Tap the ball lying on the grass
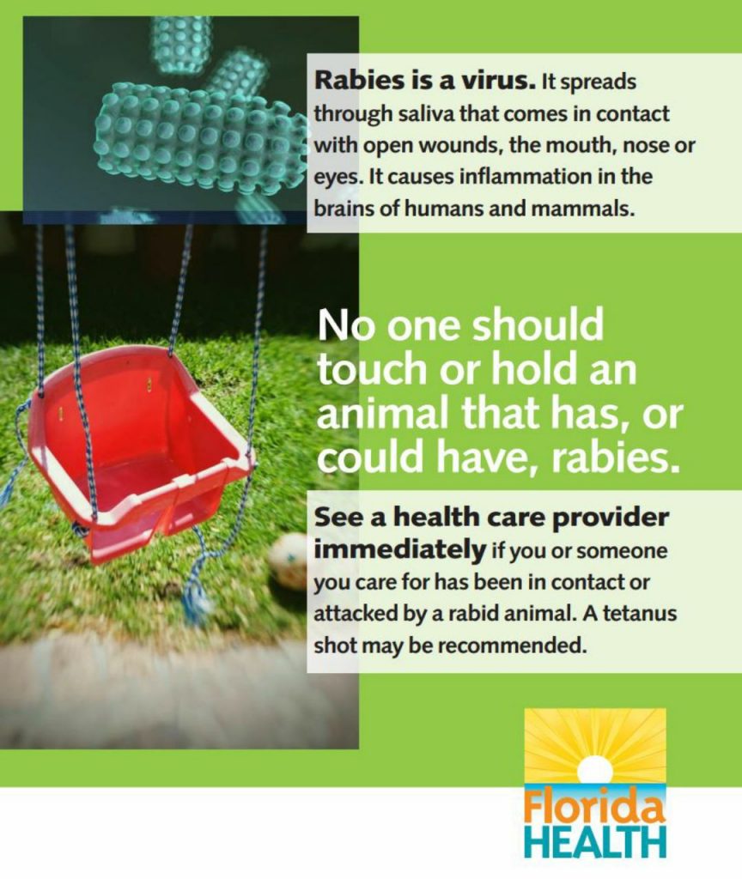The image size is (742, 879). pos(290,560)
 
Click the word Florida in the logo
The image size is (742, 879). pos(594,807)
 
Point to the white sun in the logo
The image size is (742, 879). pos(594,768)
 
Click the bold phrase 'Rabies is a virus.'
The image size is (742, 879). pos(425,82)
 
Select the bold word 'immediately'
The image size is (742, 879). pos(399,549)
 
